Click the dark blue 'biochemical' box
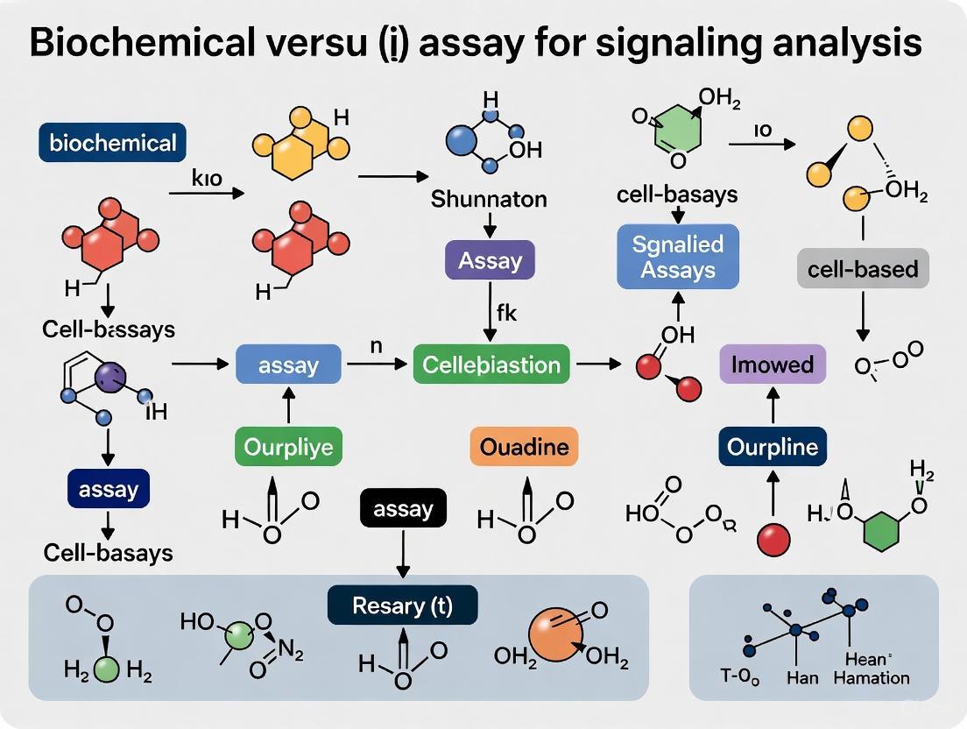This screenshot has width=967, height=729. [x=113, y=143]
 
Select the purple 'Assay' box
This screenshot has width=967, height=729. [x=490, y=260]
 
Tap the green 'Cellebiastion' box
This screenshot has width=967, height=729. [x=491, y=364]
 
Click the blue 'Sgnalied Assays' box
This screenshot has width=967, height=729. [x=678, y=256]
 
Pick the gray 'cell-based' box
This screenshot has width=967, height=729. [x=863, y=267]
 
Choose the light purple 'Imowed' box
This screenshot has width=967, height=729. [x=773, y=364]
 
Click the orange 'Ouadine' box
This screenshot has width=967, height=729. [x=524, y=447]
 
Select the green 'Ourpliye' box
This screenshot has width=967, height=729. [x=288, y=448]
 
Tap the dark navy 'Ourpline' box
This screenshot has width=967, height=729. [x=773, y=448]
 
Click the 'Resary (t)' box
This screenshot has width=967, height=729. [x=402, y=605]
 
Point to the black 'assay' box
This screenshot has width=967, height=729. [x=403, y=508]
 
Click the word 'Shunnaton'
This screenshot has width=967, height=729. [x=489, y=199]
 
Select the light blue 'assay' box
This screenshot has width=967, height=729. [x=288, y=364]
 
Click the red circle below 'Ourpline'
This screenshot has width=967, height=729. [x=773, y=540]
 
